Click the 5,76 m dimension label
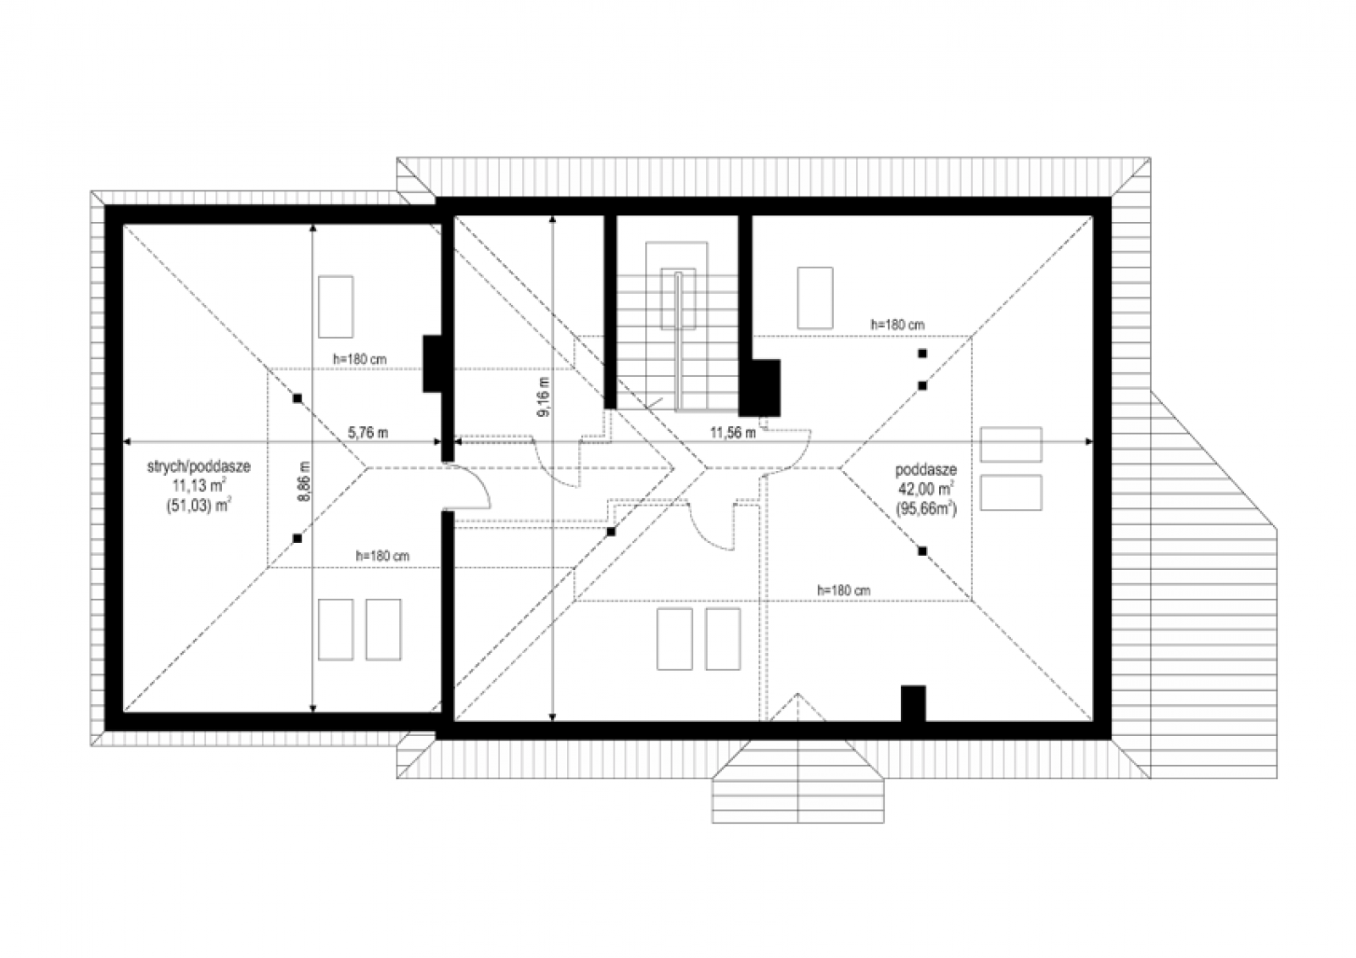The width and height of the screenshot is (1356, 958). pos(368,433)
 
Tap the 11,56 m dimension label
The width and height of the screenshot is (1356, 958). pos(733,433)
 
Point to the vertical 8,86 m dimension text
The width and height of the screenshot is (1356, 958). pos(304,481)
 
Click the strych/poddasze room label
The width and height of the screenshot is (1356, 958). pos(198,467)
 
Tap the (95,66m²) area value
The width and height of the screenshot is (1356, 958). pos(926,510)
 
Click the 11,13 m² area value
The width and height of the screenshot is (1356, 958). pos(198,485)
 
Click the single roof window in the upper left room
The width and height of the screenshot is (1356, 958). pos(336,307)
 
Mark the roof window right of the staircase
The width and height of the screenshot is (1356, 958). pos(814,298)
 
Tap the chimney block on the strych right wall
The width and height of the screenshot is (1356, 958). pos(433,363)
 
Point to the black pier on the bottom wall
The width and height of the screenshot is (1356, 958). pos(913,704)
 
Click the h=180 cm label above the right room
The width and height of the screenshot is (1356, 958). pos(898,325)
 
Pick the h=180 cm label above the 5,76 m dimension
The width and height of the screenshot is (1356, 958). pos(359,359)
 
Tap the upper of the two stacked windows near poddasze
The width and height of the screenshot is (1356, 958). pos(1011,444)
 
